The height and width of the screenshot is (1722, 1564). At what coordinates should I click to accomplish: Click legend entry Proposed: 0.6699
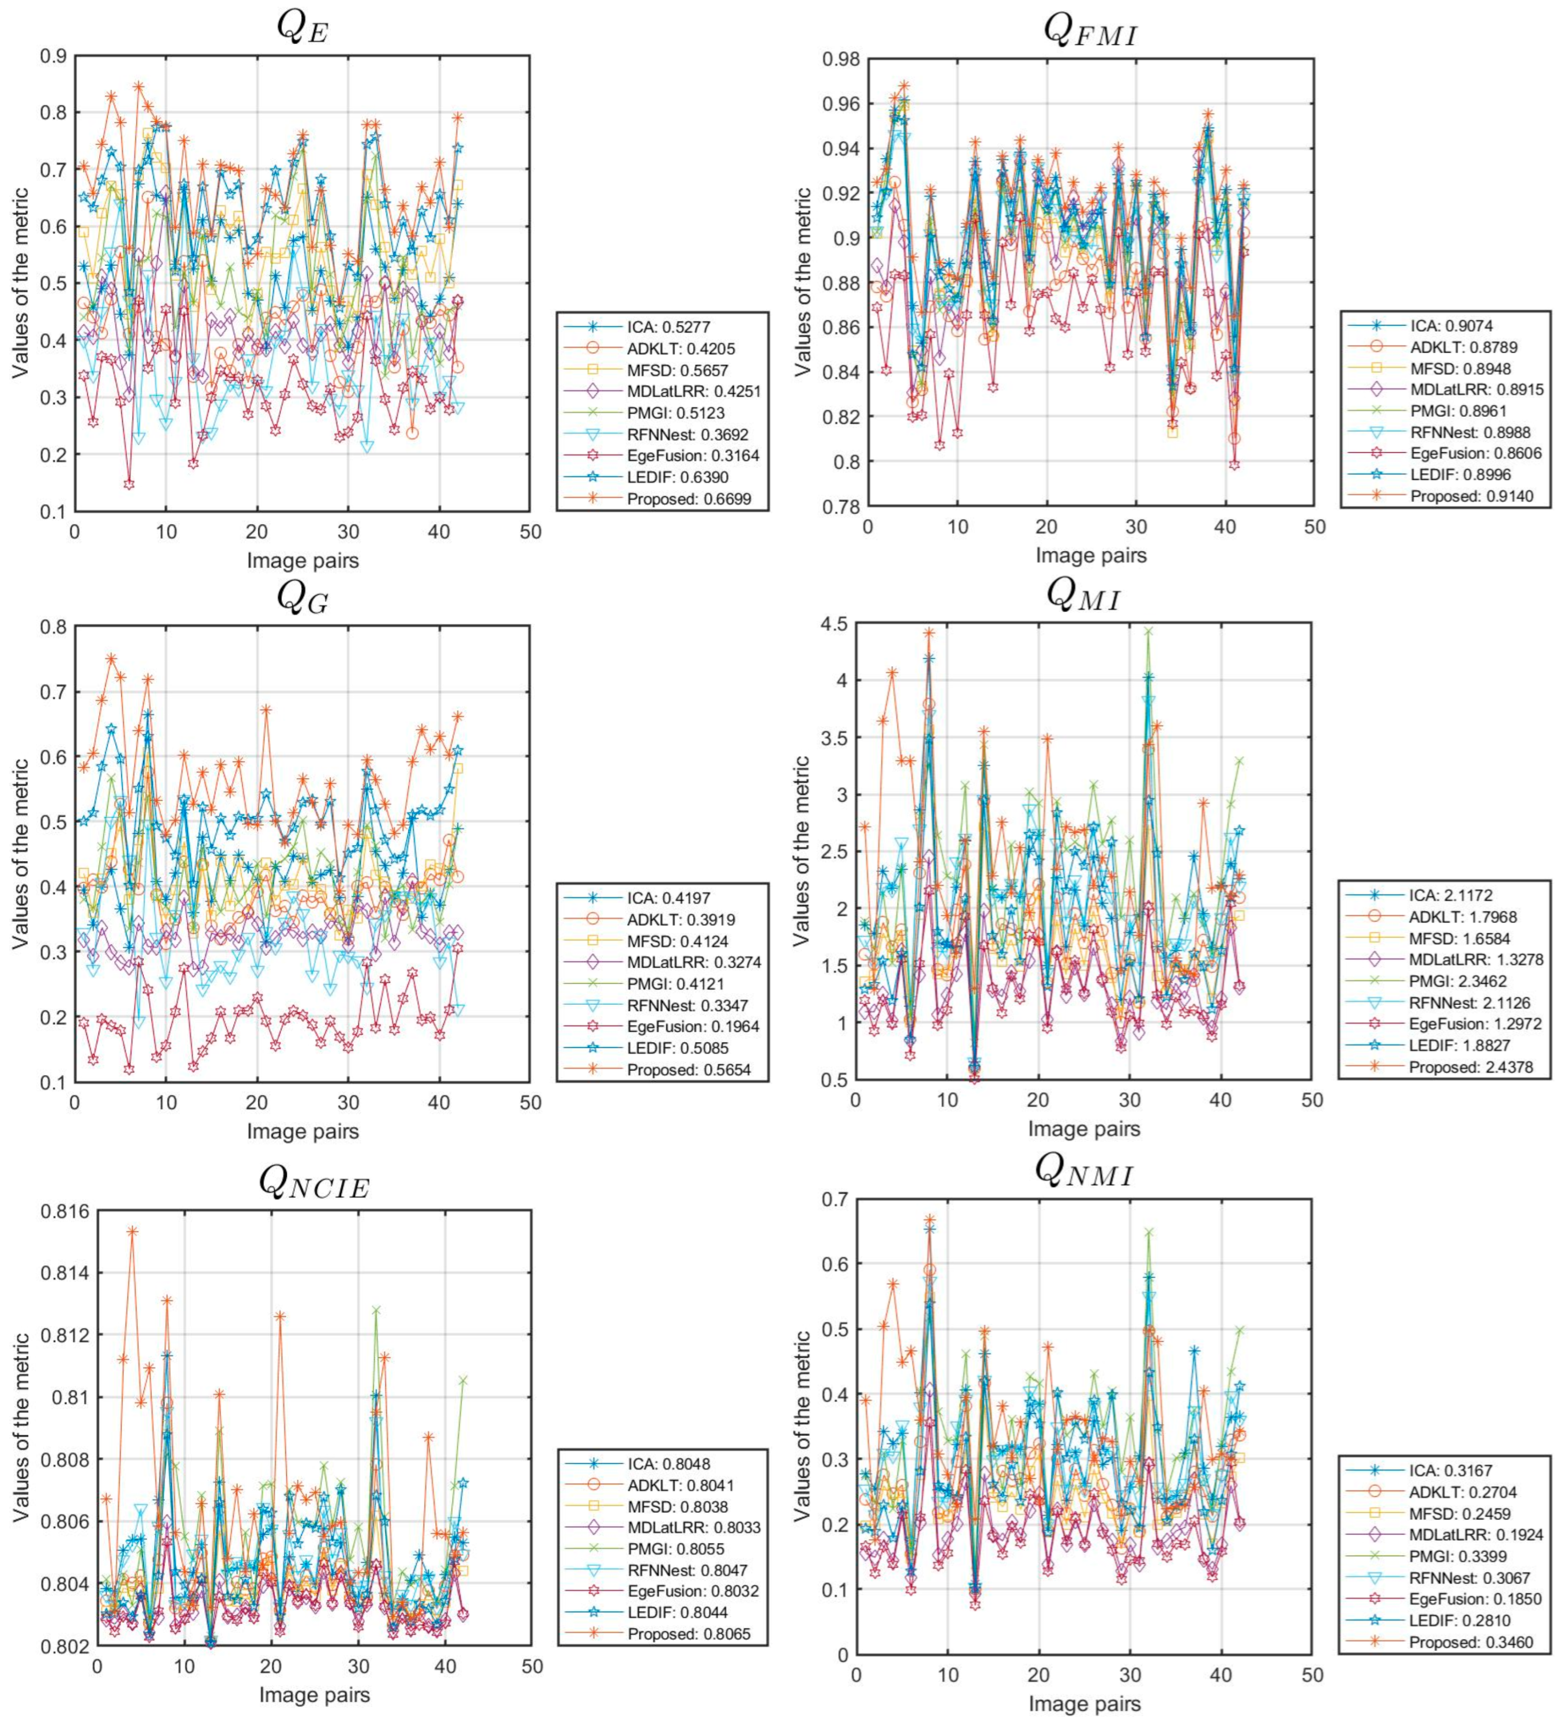click(688, 499)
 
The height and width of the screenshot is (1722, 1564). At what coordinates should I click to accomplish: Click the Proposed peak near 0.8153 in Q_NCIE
click(132, 1231)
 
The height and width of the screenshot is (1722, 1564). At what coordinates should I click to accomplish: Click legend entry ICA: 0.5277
click(668, 326)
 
